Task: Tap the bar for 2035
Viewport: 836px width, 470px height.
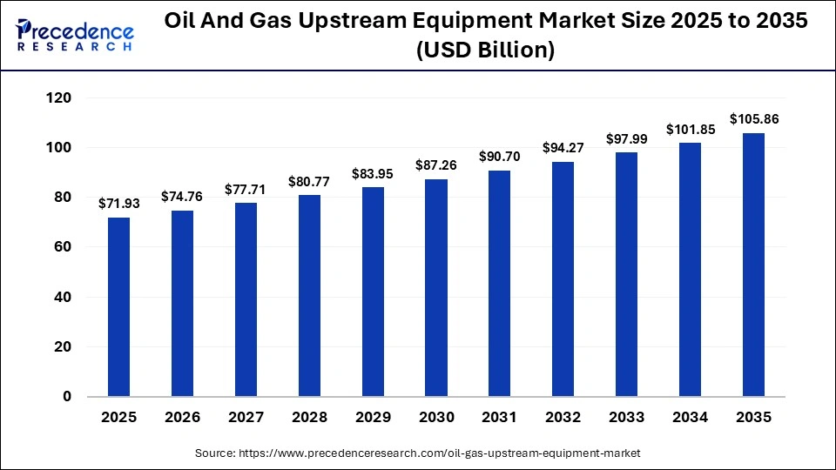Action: pos(753,265)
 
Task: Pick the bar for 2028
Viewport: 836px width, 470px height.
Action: pos(309,295)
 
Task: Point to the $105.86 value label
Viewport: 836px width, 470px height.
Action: pos(753,119)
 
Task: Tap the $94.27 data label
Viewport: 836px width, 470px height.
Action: pos(563,148)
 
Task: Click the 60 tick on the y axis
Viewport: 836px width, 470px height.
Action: pos(64,247)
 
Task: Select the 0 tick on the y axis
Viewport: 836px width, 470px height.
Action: pos(67,397)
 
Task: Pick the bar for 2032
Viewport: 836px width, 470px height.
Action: pos(563,279)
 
